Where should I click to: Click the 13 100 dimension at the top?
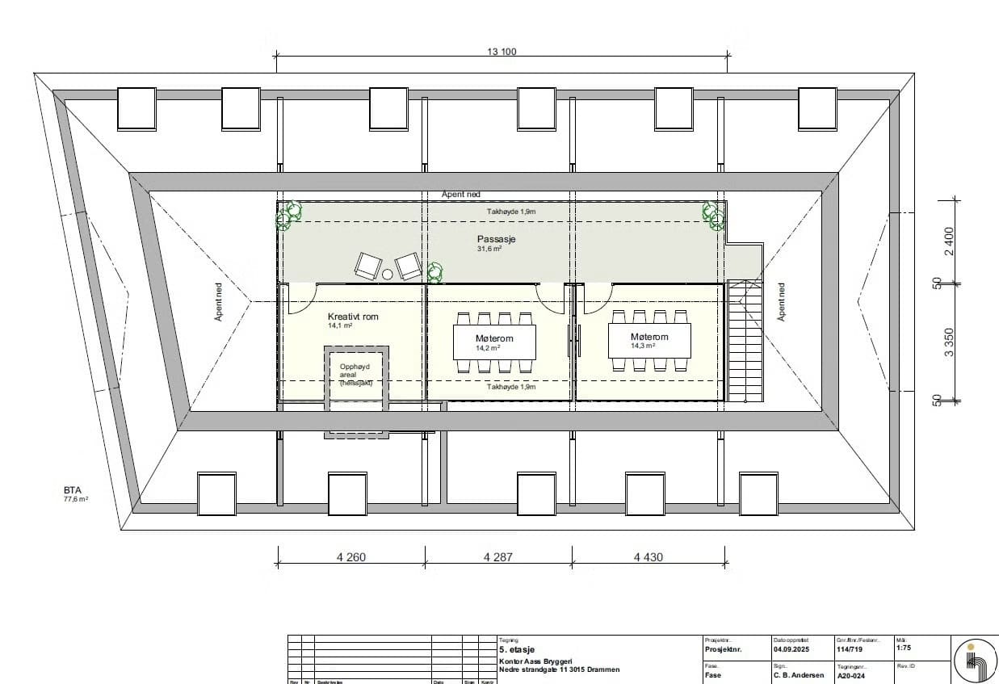pyautogui.click(x=501, y=51)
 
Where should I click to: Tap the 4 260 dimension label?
pyautogui.click(x=351, y=556)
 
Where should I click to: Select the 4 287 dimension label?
pyautogui.click(x=497, y=556)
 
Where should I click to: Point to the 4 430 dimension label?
pyautogui.click(x=648, y=556)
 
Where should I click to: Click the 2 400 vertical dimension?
pyautogui.click(x=950, y=240)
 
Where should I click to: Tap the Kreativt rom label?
pyautogui.click(x=353, y=317)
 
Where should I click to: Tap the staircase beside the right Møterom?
pyautogui.click(x=745, y=340)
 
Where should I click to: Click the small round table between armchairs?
pyautogui.click(x=388, y=275)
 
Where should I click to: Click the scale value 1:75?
pyautogui.click(x=905, y=648)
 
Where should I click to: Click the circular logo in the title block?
pyautogui.click(x=976, y=661)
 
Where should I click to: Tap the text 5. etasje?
pyautogui.click(x=517, y=649)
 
